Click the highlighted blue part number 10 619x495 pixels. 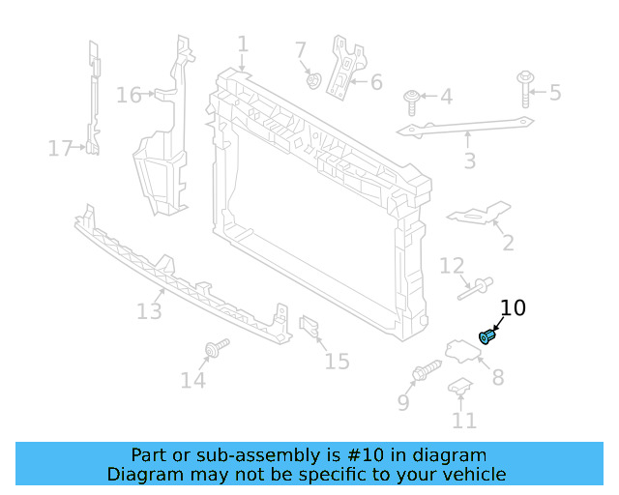[487, 336]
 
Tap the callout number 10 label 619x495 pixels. [513, 308]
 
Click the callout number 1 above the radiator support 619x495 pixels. [243, 44]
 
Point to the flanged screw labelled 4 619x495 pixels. [413, 99]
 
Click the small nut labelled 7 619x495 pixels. [313, 79]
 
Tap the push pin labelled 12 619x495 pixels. [476, 288]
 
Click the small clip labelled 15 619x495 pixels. [309, 329]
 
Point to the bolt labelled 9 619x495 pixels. [427, 370]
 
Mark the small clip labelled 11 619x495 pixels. [459, 388]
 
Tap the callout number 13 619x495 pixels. [149, 311]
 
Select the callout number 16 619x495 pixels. [129, 95]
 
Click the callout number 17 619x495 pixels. [60, 148]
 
